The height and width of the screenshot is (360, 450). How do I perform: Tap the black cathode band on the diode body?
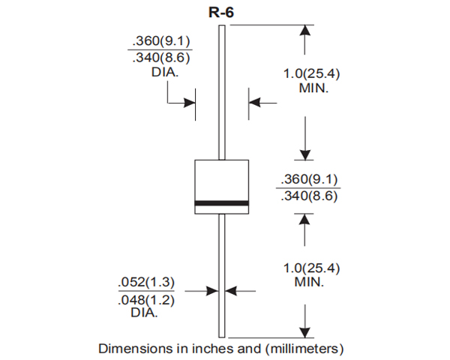point(221,202)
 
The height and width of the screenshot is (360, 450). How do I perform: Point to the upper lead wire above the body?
point(221,90)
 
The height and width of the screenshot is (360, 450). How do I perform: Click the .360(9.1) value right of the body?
point(309,179)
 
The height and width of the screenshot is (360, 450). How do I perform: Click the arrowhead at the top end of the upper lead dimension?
point(304,30)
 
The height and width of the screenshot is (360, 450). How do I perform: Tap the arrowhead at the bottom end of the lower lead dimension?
point(304,332)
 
